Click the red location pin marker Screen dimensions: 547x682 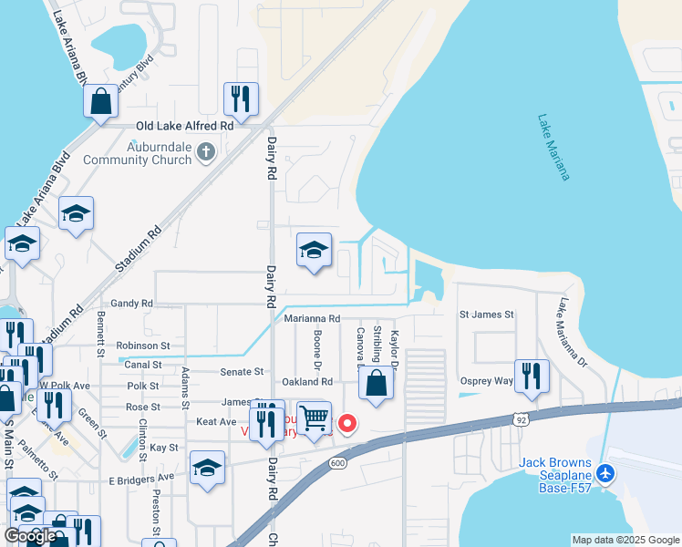(346, 423)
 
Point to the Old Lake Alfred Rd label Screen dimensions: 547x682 (184, 127)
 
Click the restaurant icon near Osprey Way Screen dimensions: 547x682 (531, 375)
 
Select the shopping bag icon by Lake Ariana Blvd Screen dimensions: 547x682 (100, 100)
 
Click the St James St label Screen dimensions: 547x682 (487, 315)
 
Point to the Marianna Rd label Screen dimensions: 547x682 (312, 319)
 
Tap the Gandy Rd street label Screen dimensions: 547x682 (132, 303)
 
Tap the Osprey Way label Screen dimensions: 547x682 (487, 382)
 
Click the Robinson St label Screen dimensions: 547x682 (143, 346)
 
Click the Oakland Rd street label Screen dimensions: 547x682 (307, 382)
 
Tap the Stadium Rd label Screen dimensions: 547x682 (139, 251)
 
